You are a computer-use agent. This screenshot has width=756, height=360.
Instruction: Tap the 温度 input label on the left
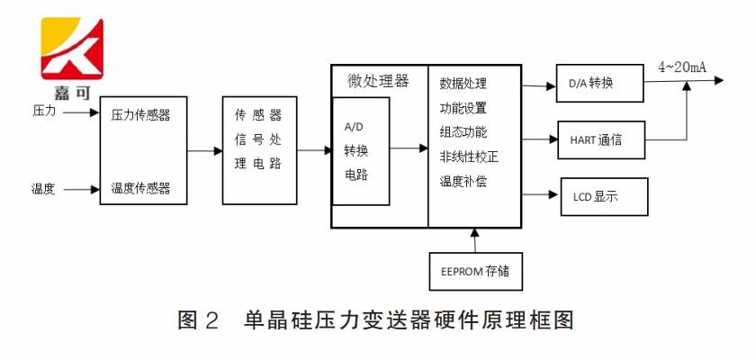click(x=44, y=189)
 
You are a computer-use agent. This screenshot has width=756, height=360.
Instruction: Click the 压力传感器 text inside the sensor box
click(x=140, y=115)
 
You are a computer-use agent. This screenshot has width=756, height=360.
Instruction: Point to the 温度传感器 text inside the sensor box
click(x=140, y=189)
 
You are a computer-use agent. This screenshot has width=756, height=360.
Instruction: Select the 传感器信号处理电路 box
click(x=258, y=150)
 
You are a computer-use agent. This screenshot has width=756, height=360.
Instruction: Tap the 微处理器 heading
click(x=378, y=81)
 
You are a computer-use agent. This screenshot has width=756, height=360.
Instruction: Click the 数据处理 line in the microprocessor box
click(x=463, y=84)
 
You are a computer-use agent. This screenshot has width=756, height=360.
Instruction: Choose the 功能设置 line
click(x=463, y=108)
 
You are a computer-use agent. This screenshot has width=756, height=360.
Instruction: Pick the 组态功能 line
click(x=463, y=132)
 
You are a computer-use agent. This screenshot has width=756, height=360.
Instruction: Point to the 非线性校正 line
click(x=469, y=157)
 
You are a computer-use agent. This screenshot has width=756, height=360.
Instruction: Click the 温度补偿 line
click(x=463, y=181)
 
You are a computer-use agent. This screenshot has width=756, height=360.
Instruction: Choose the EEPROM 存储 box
click(x=474, y=271)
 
